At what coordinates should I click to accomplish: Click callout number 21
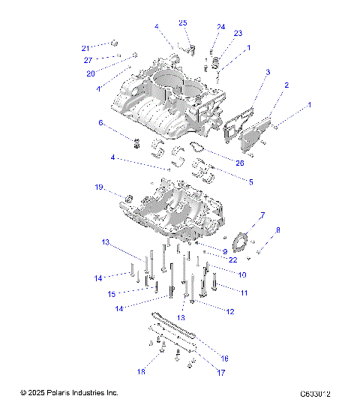(85, 48)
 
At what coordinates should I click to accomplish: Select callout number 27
(88, 60)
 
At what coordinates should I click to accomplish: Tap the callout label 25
(182, 23)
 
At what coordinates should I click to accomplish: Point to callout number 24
(220, 27)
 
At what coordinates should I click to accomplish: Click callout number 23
(238, 34)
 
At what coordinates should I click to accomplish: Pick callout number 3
(267, 72)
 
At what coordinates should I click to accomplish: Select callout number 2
(286, 86)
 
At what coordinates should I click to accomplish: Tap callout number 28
(239, 163)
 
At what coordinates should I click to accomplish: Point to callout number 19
(118, 187)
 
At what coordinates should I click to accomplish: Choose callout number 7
(262, 215)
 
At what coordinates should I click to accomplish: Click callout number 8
(278, 229)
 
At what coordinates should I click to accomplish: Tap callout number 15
(111, 293)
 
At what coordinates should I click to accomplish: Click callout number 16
(224, 359)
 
